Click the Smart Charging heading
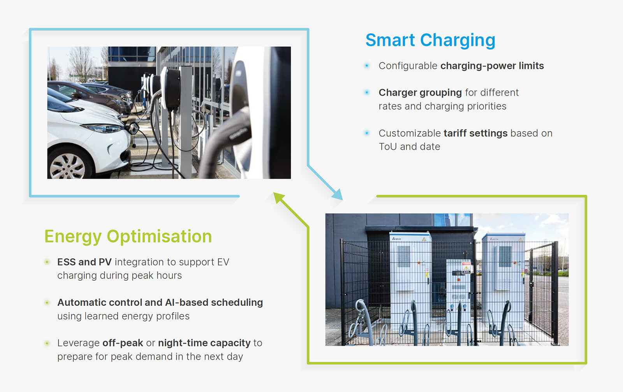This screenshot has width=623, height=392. [x=430, y=41]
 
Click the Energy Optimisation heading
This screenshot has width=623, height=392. [x=128, y=236]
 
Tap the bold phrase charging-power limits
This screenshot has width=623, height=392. [x=492, y=66]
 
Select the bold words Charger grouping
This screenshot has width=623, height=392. [x=420, y=93]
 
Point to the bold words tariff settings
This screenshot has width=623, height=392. [x=475, y=133]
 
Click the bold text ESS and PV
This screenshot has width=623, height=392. [x=84, y=262]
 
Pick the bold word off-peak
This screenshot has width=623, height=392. [x=123, y=343]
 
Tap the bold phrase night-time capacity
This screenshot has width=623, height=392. [x=204, y=343]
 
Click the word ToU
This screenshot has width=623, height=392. [x=388, y=147]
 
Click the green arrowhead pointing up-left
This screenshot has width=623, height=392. [x=279, y=198]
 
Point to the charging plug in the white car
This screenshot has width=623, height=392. [x=134, y=128]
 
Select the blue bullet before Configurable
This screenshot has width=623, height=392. [x=367, y=66]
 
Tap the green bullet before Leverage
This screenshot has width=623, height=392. [x=47, y=343]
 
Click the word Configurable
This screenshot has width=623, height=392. [x=408, y=66]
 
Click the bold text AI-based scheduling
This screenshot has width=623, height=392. [x=214, y=303]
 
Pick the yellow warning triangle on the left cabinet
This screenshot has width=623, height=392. [x=424, y=239]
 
